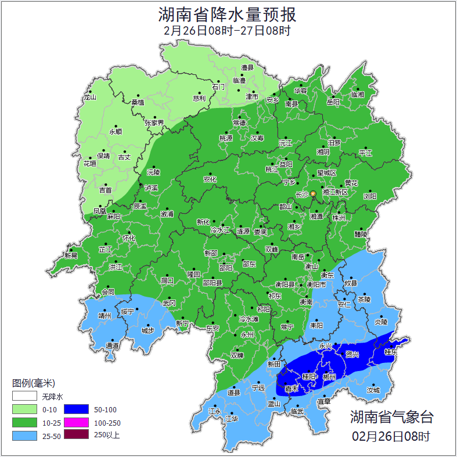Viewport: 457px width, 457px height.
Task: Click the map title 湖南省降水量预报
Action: [x=228, y=14]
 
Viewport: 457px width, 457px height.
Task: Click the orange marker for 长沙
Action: [x=313, y=193]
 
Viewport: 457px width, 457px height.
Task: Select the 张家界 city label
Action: [x=154, y=123]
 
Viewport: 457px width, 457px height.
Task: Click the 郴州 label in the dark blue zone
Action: [x=329, y=377]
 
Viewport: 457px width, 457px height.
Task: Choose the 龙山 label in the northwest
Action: [x=89, y=98]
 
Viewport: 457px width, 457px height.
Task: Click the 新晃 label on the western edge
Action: [x=71, y=255]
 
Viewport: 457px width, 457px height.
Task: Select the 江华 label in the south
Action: [x=232, y=418]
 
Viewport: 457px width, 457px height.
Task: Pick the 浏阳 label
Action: [x=370, y=196]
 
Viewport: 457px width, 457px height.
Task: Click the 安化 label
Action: [x=210, y=179]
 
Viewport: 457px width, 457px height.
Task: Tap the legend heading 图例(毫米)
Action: [x=33, y=383]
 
